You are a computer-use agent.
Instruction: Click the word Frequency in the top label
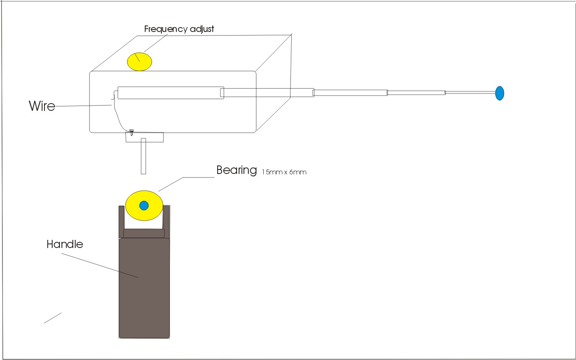[x=166, y=29]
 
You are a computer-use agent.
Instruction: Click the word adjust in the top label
[x=202, y=29]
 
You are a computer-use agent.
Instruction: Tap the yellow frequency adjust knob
[x=140, y=62]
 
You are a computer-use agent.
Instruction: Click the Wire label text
[x=42, y=106]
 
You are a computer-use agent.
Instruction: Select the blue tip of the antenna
[x=500, y=93]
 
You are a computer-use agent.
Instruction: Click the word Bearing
[x=237, y=170]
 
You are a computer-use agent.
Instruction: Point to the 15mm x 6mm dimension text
[x=284, y=172]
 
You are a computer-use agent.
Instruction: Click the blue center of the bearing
[x=144, y=205]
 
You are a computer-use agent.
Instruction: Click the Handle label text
[x=65, y=244]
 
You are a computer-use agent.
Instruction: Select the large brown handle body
[x=144, y=288]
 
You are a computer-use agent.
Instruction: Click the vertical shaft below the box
[x=144, y=156]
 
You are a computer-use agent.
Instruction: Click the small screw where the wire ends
[x=131, y=132]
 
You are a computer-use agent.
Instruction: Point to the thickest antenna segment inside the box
[x=171, y=93]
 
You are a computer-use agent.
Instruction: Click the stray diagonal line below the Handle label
[x=53, y=318]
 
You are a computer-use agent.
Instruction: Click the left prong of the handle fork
[x=122, y=222]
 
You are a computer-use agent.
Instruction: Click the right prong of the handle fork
[x=167, y=222]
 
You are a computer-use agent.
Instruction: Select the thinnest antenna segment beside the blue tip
[x=470, y=93]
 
